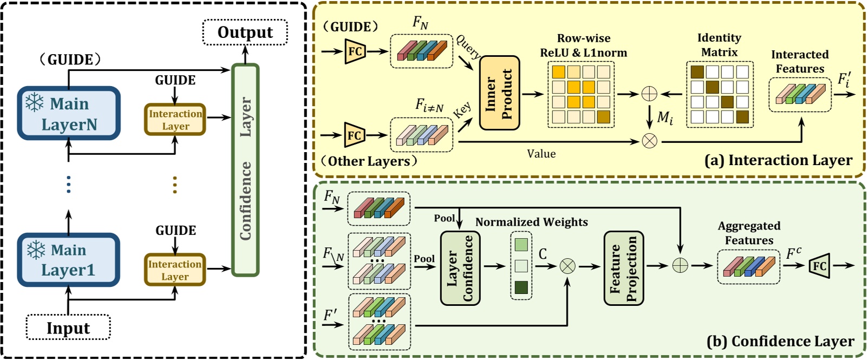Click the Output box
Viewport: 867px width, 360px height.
coord(245,32)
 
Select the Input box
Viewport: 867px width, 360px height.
coord(68,328)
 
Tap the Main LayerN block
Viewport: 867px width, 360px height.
coord(69,114)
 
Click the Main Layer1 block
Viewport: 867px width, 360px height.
coord(68,260)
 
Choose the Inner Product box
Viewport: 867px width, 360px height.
coord(499,93)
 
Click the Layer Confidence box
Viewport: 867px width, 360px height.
coord(460,268)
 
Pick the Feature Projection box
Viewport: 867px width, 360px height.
coord(624,268)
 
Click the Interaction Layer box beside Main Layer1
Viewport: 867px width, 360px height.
coord(175,270)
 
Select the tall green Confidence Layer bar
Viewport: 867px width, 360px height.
coord(245,170)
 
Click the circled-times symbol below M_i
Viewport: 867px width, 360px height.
coord(649,141)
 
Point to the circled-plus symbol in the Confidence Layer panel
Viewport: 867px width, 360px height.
coord(680,265)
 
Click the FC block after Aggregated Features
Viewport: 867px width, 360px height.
coord(819,266)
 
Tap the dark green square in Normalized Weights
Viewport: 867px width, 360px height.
coord(521,287)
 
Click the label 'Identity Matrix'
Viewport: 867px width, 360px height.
coord(719,45)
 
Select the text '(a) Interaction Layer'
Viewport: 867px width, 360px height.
coord(778,160)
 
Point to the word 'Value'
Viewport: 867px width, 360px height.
coord(542,154)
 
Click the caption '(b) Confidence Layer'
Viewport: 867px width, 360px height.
coord(780,342)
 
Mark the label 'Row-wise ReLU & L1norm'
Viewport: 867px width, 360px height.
coord(583,45)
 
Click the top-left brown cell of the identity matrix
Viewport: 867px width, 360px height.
coord(697,72)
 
